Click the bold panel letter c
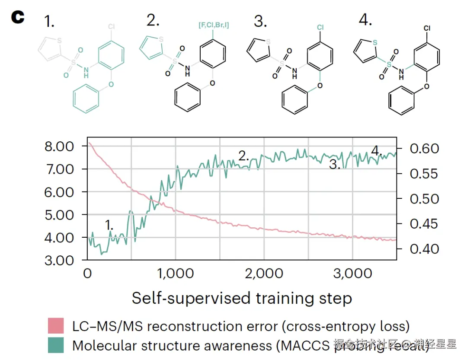click(x=18, y=17)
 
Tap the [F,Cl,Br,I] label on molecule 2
click(x=214, y=25)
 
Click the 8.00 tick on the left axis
click(x=59, y=146)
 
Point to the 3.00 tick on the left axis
click(x=59, y=260)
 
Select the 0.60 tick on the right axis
click(x=424, y=149)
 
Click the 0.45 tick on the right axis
click(x=424, y=224)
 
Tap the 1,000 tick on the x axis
click(x=175, y=274)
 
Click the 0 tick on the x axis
click(x=87, y=274)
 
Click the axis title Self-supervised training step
click(x=242, y=298)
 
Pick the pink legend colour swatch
click(x=56, y=326)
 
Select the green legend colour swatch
click(x=56, y=345)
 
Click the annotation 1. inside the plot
click(x=110, y=225)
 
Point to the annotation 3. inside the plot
click(x=335, y=164)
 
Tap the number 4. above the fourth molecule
click(x=365, y=20)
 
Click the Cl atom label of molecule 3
click(x=320, y=28)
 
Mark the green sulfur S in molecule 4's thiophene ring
click(x=374, y=42)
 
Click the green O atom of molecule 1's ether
click(x=111, y=84)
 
